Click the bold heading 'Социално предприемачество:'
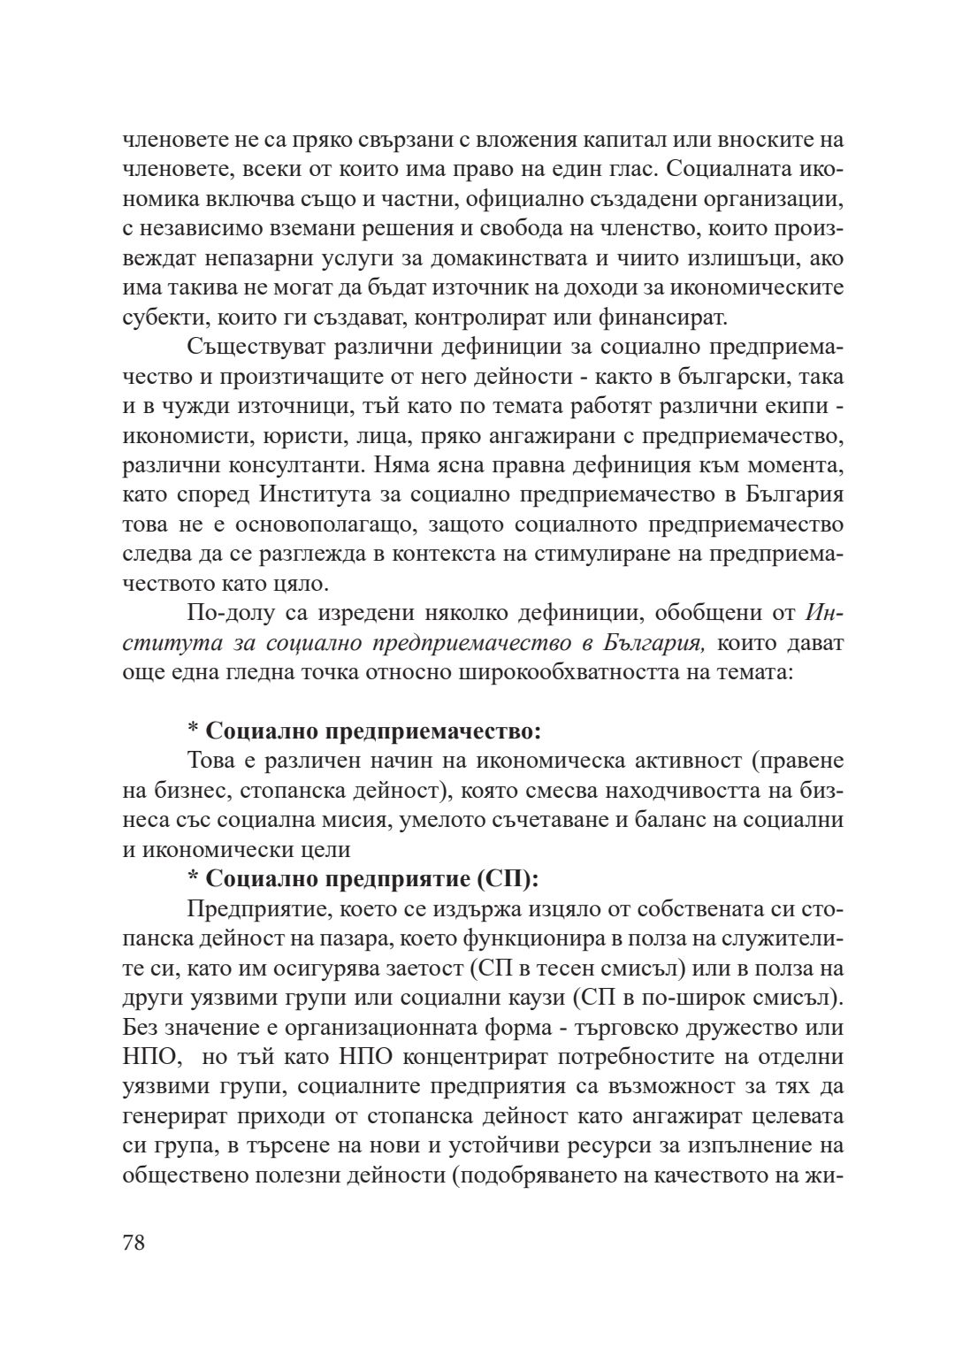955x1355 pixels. [372, 731]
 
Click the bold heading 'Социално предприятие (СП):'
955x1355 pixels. [372, 879]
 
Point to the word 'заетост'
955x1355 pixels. [427, 968]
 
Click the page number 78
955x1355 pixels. [134, 1242]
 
